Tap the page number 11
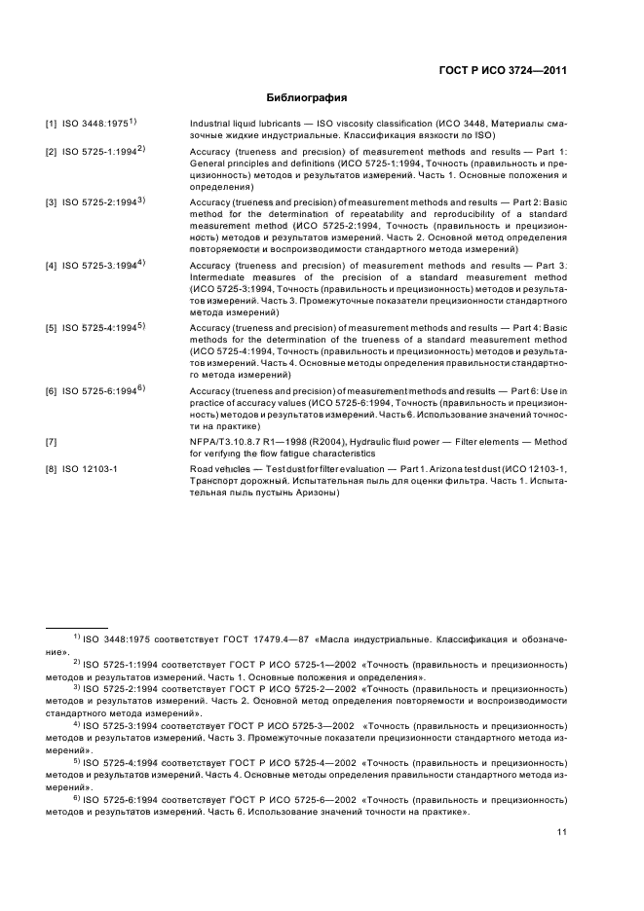point(562,832)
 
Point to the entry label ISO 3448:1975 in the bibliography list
point(95,124)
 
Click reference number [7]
point(51,443)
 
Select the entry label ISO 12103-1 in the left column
point(90,470)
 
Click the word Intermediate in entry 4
point(218,277)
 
